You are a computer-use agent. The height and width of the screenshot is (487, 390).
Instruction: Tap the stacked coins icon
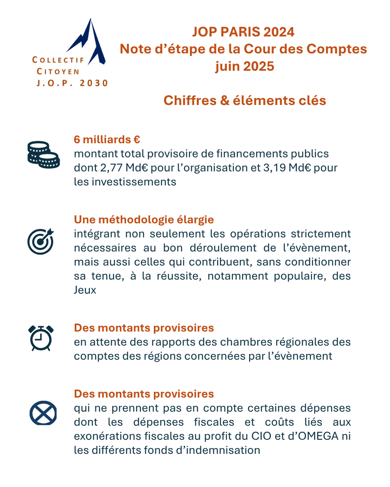click(43, 154)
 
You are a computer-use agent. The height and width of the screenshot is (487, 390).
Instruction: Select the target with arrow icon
click(41, 240)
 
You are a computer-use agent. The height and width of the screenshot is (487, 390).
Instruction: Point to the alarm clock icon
click(41, 337)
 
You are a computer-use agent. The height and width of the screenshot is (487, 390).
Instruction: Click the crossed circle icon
click(43, 414)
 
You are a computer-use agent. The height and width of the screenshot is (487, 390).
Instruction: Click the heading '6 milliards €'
click(107, 140)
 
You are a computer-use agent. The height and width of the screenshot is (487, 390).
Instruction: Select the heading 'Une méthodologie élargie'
click(144, 220)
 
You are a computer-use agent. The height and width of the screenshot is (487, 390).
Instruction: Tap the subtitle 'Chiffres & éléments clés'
click(245, 101)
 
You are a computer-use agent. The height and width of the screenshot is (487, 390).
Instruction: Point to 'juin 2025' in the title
click(244, 67)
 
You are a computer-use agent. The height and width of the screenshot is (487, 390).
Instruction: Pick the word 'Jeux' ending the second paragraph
click(85, 290)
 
